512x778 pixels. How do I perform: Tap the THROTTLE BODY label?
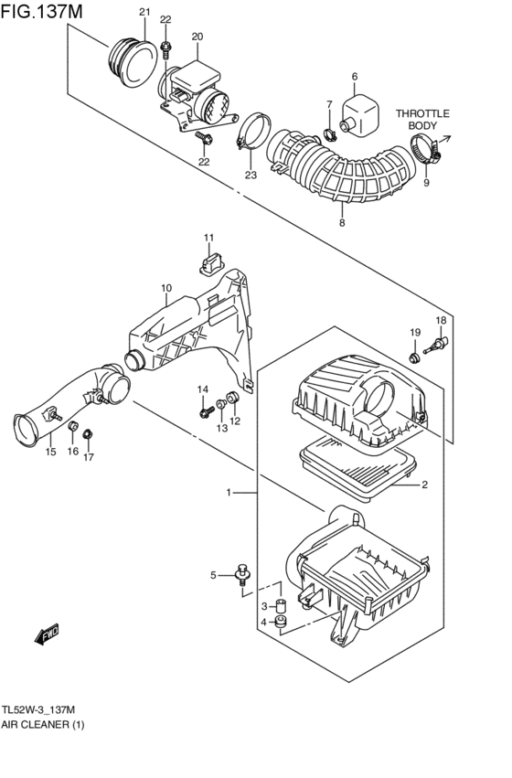(x=422, y=119)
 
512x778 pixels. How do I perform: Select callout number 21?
(x=144, y=12)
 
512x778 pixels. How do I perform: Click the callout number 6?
(x=354, y=77)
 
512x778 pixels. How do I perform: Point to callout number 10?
(x=166, y=288)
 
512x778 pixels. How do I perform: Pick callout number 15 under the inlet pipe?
(x=51, y=452)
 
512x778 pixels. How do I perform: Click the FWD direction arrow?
(x=47, y=634)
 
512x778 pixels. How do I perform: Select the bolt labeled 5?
(x=242, y=573)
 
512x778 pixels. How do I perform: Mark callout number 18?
(x=441, y=320)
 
